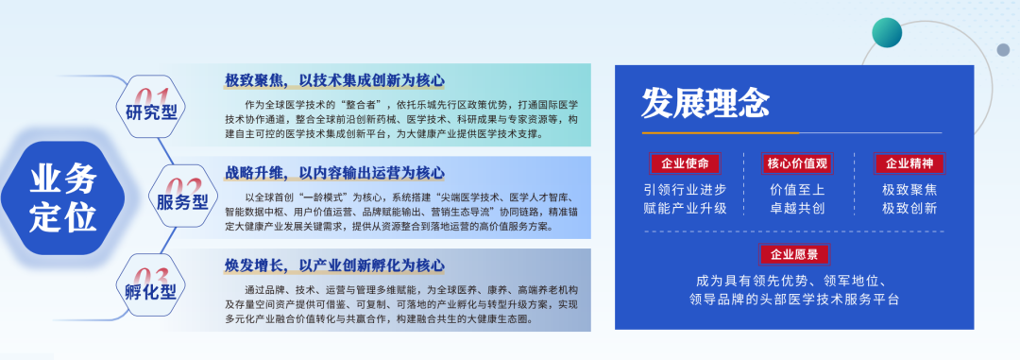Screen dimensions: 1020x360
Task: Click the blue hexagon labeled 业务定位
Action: tap(63, 197)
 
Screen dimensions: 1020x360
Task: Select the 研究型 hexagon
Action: tap(151, 106)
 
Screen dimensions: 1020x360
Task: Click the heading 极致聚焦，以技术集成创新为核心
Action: tap(335, 80)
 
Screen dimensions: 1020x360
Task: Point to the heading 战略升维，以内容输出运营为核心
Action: tap(335, 173)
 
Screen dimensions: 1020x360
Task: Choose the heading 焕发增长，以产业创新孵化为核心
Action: tap(335, 265)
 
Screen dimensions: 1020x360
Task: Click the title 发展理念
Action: tap(705, 103)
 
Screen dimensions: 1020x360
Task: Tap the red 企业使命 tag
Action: tap(685, 163)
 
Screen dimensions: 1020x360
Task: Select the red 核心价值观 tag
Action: tap(797, 163)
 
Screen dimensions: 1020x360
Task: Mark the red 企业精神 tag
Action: tap(909, 163)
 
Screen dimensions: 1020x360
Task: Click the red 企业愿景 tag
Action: tap(794, 254)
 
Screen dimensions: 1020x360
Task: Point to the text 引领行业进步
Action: tap(685, 190)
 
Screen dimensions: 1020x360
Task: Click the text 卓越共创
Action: tap(797, 209)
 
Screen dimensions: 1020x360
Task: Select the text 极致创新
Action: tap(909, 209)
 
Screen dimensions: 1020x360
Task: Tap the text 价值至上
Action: tap(797, 190)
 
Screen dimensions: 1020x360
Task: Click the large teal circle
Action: tap(887, 32)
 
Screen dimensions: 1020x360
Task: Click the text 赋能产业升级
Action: tap(685, 209)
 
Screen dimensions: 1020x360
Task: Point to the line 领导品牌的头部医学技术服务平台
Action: tap(794, 300)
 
